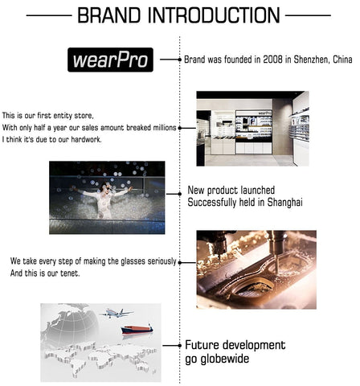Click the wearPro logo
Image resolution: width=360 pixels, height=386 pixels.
pos(110,60)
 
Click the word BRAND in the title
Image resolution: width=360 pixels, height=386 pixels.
pos(109,15)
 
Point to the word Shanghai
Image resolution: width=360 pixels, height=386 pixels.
pos(285,202)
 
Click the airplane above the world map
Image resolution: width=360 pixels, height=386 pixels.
pos(117,313)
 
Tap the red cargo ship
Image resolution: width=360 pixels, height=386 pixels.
pos(137,329)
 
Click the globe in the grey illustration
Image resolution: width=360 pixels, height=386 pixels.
pos(70,325)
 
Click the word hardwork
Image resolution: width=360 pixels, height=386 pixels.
pos(86,139)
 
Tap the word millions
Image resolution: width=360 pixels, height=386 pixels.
pos(165,128)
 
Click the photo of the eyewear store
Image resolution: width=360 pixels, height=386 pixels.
pos(252,129)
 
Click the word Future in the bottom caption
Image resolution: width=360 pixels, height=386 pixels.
pos(201,345)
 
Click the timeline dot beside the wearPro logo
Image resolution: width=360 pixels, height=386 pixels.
pos(180,60)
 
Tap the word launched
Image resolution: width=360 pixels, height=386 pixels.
pos(258,190)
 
